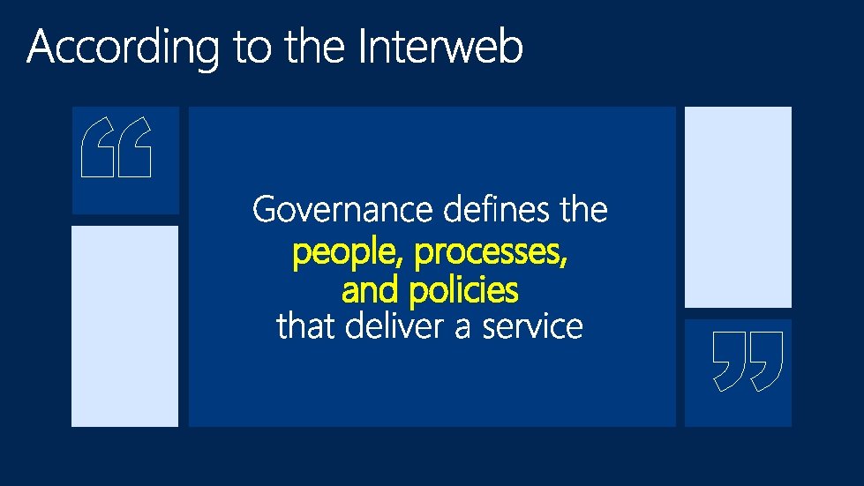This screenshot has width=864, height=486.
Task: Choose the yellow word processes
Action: (488, 255)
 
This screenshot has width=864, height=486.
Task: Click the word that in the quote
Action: (306, 326)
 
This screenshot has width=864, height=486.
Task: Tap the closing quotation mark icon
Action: (748, 361)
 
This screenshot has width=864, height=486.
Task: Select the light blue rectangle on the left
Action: (124, 325)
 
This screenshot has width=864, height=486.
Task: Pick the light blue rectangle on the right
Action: (738, 206)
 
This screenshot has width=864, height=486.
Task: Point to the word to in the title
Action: (254, 48)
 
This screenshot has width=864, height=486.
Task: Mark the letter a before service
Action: (463, 328)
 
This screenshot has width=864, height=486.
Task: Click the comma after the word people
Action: (403, 265)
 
